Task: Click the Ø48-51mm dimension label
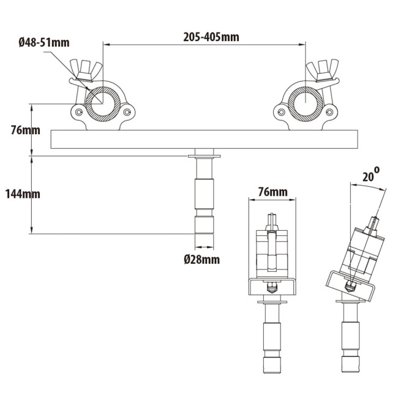click(43, 42)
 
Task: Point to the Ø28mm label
click(201, 260)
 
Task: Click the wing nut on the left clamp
click(83, 70)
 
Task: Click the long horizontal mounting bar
click(205, 140)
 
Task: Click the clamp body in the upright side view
click(272, 254)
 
